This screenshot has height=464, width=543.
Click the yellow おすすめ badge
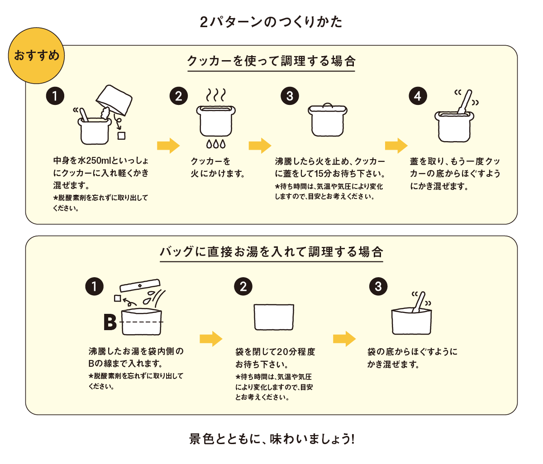(x=37, y=56)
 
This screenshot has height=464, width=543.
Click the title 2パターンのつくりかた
(x=271, y=22)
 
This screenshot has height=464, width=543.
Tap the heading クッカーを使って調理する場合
(x=271, y=62)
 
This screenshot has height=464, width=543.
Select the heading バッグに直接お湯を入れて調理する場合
(x=271, y=252)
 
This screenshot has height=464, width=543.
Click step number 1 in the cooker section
(x=55, y=96)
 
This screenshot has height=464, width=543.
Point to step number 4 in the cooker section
(x=417, y=96)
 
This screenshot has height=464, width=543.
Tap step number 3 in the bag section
(x=378, y=287)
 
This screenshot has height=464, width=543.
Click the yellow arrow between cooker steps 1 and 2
(x=168, y=146)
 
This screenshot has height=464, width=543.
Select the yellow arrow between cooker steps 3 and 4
(x=396, y=146)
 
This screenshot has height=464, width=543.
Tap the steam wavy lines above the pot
(x=216, y=95)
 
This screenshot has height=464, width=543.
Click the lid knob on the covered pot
(x=327, y=105)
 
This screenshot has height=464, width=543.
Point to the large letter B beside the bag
(x=110, y=322)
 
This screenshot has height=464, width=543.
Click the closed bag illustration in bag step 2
(x=274, y=317)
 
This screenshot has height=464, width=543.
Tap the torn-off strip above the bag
(x=140, y=285)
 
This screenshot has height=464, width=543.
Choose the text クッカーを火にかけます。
(x=217, y=167)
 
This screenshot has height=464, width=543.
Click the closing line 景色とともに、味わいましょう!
(x=271, y=439)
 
